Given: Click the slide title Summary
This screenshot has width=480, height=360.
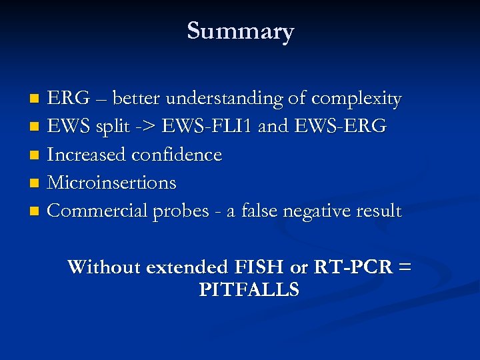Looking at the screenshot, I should click(x=240, y=31).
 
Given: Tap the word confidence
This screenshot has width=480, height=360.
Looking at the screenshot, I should click(x=177, y=155).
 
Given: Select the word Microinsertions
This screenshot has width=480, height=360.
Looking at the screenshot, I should click(x=112, y=183).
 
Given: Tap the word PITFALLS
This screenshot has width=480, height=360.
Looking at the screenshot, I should click(x=249, y=290).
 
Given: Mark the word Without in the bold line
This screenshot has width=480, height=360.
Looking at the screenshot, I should click(x=103, y=267).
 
